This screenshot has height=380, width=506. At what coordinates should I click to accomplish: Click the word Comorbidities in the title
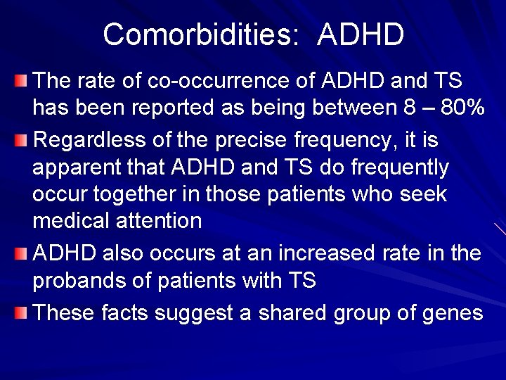tap(196, 34)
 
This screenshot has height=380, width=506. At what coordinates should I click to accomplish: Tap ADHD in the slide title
tap(360, 34)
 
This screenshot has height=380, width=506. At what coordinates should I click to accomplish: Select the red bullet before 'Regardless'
tap(25, 139)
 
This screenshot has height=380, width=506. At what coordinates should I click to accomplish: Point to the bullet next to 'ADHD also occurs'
tap(25, 252)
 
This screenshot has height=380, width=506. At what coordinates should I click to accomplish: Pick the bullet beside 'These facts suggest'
tap(25, 312)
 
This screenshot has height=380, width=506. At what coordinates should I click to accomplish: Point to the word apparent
tap(77, 168)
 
